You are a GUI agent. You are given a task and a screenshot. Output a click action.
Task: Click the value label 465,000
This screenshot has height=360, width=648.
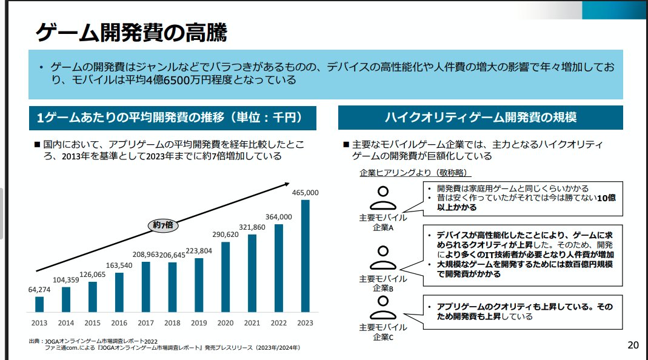[x=306, y=192]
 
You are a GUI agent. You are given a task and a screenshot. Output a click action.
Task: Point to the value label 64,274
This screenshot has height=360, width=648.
[x=39, y=289]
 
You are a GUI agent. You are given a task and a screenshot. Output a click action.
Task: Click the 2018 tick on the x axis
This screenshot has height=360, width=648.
[x=172, y=323]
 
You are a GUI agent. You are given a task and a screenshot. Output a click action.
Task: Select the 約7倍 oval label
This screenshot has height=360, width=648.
[x=163, y=224]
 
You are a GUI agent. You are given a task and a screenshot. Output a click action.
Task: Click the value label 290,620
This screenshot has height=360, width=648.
[x=225, y=234]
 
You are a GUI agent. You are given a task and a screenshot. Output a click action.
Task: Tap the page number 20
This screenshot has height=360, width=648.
[x=633, y=345]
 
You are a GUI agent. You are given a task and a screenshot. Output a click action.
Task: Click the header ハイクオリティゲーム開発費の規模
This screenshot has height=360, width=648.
[x=481, y=118]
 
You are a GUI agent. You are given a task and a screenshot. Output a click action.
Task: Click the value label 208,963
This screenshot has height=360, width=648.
[x=145, y=254]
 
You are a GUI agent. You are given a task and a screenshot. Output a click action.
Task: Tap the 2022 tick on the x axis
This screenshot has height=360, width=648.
[x=279, y=323]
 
